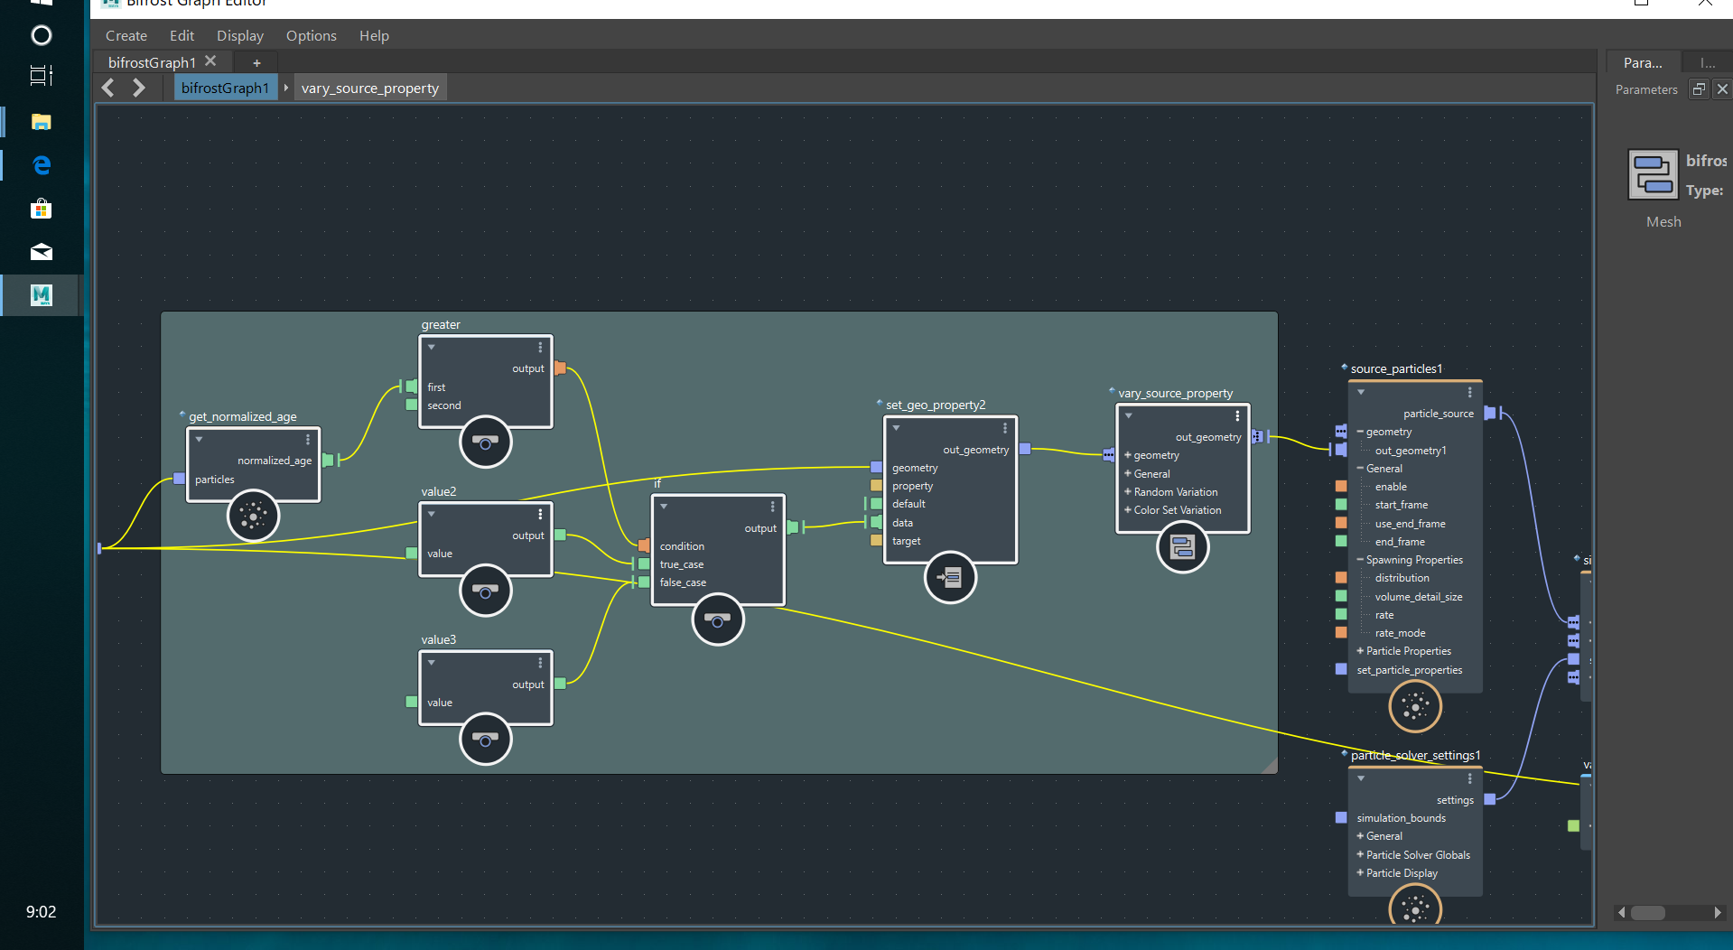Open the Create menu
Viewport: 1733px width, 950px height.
click(126, 36)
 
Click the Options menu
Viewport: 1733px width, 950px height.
click(311, 36)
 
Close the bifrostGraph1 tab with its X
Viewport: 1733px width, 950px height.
click(210, 61)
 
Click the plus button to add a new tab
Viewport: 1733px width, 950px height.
click(256, 62)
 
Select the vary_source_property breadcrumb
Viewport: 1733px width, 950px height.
click(369, 88)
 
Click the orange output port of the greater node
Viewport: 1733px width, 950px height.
click(560, 368)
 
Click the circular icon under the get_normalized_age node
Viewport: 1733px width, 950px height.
click(253, 516)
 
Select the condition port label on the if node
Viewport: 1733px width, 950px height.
click(682, 546)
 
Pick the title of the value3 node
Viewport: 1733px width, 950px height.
click(439, 639)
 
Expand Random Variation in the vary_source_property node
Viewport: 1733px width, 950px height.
click(1128, 492)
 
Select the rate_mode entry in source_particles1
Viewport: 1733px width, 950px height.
click(1400, 633)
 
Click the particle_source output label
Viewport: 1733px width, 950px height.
click(1438, 414)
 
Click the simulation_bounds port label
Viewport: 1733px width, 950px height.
click(1401, 818)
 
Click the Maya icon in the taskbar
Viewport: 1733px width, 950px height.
click(42, 295)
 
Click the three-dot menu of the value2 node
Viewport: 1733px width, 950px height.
click(540, 514)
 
